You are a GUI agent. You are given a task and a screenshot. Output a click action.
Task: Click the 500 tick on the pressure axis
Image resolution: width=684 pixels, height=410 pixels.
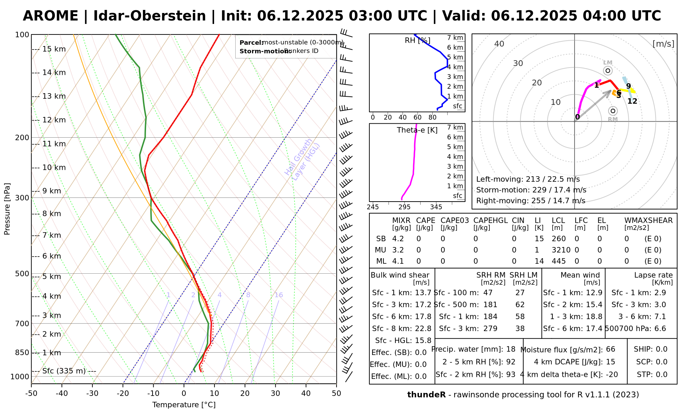pos(22,274)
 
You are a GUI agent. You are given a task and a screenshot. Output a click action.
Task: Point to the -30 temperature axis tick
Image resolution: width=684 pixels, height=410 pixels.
pos(92,394)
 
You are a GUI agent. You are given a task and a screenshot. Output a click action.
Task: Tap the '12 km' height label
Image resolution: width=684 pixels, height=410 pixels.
pos(54,120)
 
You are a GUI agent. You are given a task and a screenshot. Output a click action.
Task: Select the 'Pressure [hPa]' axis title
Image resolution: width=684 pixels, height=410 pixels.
pos(7,209)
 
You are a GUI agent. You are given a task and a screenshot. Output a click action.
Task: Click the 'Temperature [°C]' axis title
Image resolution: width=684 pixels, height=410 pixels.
pos(184,405)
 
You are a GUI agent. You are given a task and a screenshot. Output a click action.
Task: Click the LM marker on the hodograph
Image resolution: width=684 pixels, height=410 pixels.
pos(608,70)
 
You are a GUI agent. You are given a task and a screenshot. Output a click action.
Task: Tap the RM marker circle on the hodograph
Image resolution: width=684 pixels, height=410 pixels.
pos(613,111)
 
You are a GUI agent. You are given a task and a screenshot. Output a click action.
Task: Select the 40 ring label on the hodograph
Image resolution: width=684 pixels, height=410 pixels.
pos(499,44)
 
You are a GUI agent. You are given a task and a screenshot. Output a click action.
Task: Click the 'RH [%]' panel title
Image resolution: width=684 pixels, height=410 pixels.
pos(417,41)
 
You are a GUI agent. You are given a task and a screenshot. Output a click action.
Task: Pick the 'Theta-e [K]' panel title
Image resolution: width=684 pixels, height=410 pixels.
pos(417,130)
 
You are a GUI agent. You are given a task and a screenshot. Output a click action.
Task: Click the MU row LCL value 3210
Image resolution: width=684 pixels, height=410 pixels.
pos(561,250)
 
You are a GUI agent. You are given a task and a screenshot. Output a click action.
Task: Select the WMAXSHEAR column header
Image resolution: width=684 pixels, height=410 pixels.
pos(648,221)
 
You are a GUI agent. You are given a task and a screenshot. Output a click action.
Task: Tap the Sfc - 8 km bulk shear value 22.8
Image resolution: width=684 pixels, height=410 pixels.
pos(423,329)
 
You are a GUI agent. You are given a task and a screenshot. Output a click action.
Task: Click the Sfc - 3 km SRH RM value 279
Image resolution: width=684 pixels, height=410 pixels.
pos(490,329)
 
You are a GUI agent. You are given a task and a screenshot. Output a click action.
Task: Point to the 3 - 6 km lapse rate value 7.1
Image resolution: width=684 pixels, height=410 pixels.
pos(660,317)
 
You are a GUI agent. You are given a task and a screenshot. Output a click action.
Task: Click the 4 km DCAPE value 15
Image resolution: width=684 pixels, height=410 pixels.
pos(610,362)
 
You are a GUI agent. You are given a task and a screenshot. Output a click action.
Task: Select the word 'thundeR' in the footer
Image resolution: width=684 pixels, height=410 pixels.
pos(426,395)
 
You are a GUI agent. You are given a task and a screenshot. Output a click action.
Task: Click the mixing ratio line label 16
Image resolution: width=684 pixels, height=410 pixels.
pos(278,295)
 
